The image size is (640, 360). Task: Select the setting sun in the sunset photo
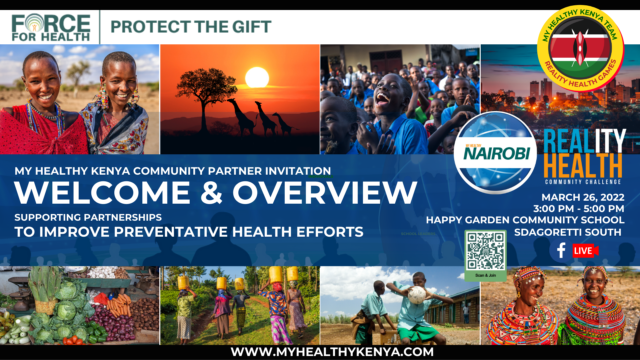click(257, 76)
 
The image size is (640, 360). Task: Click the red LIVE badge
click(583, 250)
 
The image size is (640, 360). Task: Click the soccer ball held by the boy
click(418, 295)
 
